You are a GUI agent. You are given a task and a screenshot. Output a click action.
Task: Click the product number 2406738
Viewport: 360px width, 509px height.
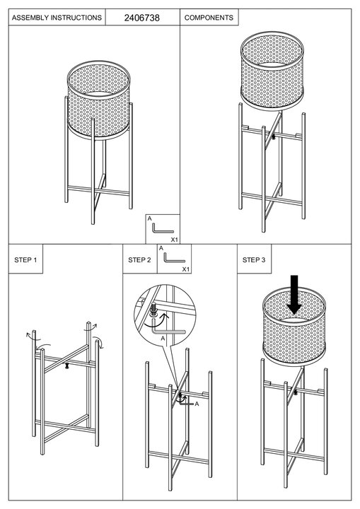141,18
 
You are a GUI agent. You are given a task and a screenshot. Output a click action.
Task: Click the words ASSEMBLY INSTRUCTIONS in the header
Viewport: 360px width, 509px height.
57,18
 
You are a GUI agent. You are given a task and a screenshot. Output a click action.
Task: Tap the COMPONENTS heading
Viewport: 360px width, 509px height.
209,18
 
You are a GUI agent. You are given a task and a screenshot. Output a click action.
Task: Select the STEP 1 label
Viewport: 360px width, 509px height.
25,259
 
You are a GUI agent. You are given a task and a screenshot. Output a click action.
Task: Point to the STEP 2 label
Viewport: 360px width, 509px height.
139,259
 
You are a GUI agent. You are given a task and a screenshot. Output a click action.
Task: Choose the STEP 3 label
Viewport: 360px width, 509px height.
254,259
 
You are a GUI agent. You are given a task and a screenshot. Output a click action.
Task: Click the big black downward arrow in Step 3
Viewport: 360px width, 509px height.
294,295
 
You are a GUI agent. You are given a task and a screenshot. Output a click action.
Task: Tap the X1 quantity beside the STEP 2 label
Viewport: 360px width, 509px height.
185,269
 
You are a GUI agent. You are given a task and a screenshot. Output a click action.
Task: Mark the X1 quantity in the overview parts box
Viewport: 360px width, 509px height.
175,240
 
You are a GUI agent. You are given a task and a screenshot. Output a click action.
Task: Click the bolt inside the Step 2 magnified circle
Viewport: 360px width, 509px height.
153,309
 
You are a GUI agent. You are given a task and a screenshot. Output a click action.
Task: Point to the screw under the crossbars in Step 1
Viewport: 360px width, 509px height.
67,366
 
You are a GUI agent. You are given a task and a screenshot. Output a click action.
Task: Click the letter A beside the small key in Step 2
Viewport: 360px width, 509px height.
197,404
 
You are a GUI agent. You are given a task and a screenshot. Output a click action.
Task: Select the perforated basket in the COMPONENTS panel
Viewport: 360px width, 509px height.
272,71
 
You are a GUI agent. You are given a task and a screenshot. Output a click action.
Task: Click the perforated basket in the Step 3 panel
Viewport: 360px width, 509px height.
294,326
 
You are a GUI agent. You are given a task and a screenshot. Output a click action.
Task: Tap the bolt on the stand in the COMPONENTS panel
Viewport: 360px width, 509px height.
274,136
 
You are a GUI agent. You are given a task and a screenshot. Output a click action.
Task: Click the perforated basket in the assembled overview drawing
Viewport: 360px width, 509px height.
99,100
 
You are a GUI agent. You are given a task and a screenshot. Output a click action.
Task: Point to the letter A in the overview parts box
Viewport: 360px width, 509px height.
149,218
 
